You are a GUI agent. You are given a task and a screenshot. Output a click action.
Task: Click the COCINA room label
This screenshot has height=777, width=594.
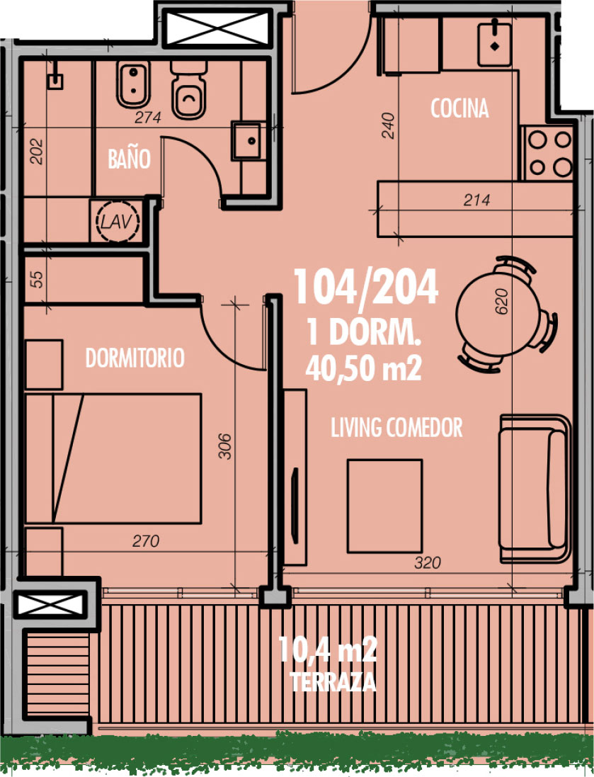tap(459, 108)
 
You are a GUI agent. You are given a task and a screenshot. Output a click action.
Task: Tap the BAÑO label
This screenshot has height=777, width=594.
tap(129, 159)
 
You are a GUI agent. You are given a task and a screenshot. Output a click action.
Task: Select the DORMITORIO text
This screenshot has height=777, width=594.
tap(135, 358)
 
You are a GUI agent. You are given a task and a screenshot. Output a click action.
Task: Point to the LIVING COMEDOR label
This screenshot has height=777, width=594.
tap(396, 428)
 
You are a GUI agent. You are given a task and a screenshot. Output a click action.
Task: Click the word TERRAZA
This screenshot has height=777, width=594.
tap(333, 682)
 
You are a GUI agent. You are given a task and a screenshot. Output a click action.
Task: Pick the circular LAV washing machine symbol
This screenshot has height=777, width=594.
tap(117, 221)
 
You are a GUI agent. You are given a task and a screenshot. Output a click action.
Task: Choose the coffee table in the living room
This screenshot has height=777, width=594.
tap(384, 506)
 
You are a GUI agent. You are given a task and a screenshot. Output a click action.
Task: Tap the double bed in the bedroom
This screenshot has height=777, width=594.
tap(113, 458)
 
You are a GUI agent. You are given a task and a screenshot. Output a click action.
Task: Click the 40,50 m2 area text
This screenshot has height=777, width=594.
tap(364, 369)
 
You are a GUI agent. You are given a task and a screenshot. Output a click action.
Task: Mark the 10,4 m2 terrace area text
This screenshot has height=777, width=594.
tap(328, 649)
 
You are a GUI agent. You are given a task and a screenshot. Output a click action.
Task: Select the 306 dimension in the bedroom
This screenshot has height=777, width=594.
tap(224, 446)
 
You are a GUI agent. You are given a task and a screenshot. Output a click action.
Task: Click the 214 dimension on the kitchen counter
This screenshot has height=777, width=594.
tap(476, 200)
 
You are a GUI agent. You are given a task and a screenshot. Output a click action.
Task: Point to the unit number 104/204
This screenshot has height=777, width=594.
tap(365, 287)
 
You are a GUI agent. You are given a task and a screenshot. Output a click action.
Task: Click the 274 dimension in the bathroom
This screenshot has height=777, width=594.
tap(148, 118)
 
